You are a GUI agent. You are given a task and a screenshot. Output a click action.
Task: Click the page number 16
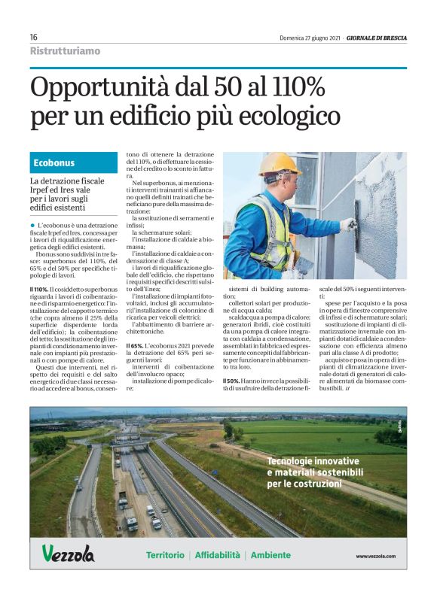[34, 37]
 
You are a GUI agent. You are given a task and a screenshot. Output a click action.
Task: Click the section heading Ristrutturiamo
[65, 51]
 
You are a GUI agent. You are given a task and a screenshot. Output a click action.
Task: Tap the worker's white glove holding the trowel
[347, 224]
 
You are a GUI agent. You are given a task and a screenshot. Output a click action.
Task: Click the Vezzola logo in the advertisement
[69, 555]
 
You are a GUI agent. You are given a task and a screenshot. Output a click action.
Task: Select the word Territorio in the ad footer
[164, 555]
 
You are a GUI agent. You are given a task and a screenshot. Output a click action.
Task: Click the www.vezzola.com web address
[375, 556]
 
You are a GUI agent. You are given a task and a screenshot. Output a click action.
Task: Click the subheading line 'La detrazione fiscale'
[67, 182]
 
